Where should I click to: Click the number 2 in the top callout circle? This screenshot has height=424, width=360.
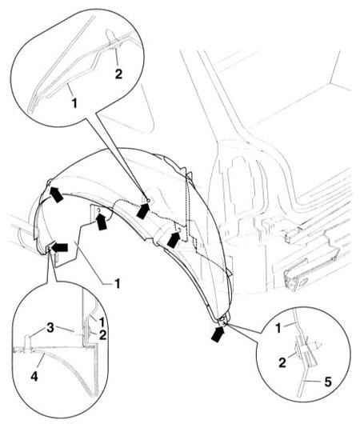(118, 74)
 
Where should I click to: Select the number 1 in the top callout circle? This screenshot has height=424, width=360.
(74, 102)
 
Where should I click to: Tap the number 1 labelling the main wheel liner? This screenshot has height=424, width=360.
(118, 284)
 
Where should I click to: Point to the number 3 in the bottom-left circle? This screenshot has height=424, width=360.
(50, 328)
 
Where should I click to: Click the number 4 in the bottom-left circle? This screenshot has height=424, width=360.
(34, 377)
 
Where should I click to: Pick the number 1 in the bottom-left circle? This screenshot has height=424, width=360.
(102, 322)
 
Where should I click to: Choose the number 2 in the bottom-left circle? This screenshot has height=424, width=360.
(102, 335)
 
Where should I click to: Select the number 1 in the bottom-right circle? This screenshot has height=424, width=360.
(278, 328)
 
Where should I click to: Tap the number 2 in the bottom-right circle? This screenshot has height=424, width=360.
(282, 362)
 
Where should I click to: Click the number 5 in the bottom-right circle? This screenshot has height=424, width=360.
(328, 382)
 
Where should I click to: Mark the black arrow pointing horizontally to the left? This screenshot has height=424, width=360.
(59, 247)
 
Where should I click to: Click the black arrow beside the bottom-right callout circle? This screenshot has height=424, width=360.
(218, 334)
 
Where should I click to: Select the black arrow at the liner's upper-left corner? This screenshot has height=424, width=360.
(56, 194)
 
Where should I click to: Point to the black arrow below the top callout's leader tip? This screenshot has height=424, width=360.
(143, 210)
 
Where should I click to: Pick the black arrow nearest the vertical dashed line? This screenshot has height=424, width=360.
(174, 239)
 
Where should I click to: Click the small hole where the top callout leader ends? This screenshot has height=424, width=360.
(149, 200)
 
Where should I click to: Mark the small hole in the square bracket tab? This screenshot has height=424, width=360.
(98, 210)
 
